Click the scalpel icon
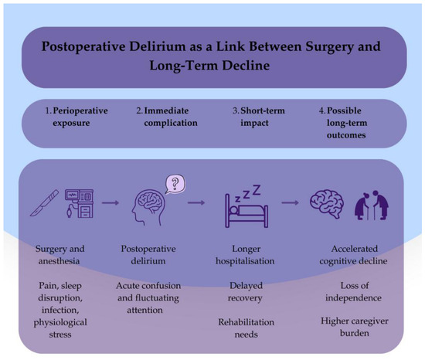point(44,202)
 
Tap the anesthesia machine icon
point(79,204)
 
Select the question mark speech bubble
point(175,184)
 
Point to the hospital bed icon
point(246,211)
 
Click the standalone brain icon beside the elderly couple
point(327,204)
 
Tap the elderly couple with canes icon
point(372,205)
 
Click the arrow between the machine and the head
point(110,202)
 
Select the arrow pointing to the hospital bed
point(196,202)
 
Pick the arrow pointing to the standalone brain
point(291,202)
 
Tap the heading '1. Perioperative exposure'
point(76,117)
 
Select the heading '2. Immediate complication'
point(167,117)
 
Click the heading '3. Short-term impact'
point(259,117)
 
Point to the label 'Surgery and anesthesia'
point(59,255)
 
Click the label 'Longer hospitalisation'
point(245,255)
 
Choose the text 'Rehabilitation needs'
point(246,328)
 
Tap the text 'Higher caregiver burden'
point(355,327)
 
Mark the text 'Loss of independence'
point(354,291)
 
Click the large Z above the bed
point(257,190)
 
